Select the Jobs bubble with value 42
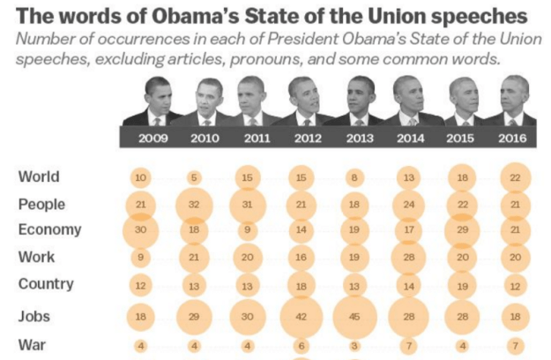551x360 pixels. pos(302,315)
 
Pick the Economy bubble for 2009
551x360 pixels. pos(140,230)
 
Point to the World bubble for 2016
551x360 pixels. pos(515,177)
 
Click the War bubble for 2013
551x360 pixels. pos(355,345)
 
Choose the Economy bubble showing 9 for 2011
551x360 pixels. pos(248,230)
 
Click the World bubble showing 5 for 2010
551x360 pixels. pos(194,177)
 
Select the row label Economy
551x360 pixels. pos(49,229)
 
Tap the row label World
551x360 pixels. pos(39,176)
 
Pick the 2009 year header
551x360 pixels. pos(152,139)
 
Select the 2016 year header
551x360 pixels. pos(513,139)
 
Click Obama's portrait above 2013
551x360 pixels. pos(359,100)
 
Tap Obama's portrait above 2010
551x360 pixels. pos(208,101)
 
